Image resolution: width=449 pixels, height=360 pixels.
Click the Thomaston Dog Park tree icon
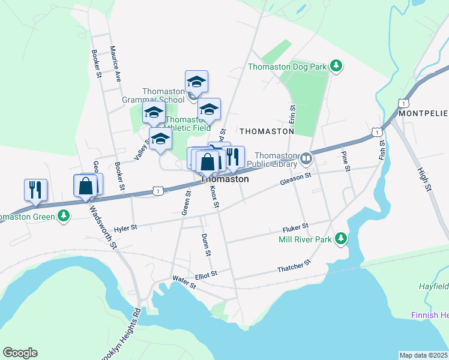[337, 65]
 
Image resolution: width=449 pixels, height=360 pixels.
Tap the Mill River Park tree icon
[341, 239]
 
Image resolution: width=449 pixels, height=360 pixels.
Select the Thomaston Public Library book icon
[306, 159]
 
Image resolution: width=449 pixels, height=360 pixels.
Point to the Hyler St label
[126, 227]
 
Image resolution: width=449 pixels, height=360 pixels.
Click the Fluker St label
[295, 227]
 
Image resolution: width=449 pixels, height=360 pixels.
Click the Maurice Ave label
[115, 64]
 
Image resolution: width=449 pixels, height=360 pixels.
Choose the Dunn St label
[206, 245]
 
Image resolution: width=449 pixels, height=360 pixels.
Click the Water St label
[184, 282]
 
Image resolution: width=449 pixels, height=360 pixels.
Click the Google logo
[20, 353]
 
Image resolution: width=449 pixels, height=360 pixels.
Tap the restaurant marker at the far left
[35, 190]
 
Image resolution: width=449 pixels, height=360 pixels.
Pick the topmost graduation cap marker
[196, 82]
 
